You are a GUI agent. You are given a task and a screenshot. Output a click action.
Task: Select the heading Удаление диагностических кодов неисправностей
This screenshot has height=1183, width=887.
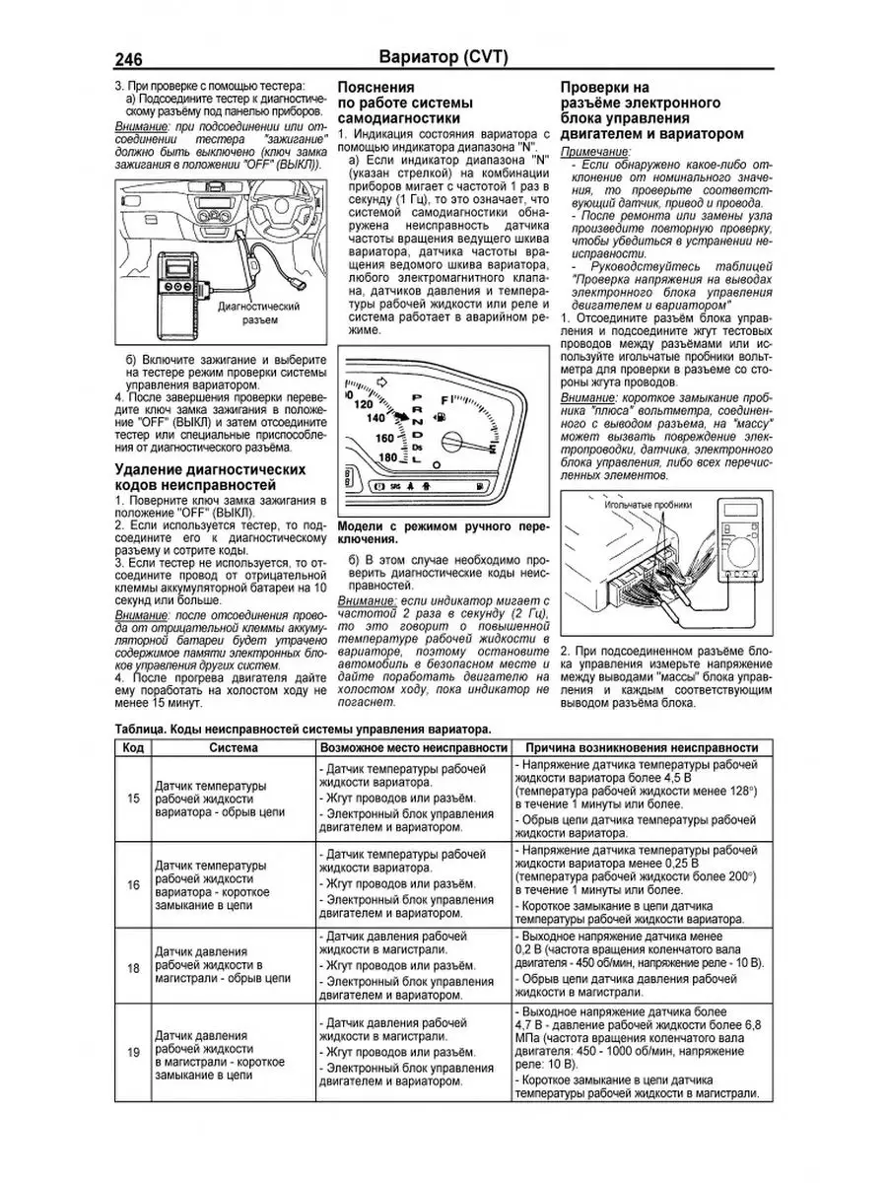point(210,477)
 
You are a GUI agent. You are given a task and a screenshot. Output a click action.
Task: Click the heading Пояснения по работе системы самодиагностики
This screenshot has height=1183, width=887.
point(404,103)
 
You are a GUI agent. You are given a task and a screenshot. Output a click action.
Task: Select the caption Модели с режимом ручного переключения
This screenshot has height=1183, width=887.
point(441,533)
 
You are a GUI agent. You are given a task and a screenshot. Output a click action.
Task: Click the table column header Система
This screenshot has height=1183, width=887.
point(234,748)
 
